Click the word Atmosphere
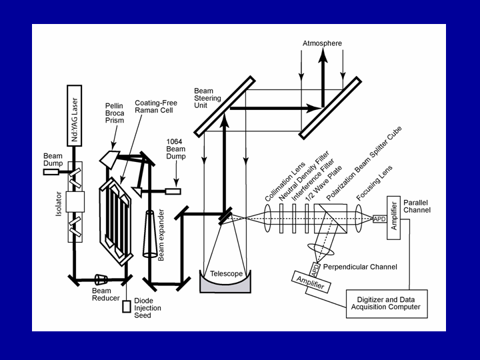(x=322, y=43)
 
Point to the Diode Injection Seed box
(x=127, y=307)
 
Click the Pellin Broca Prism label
(x=115, y=114)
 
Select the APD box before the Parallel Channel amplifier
(x=379, y=218)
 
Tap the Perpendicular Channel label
(x=360, y=267)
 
